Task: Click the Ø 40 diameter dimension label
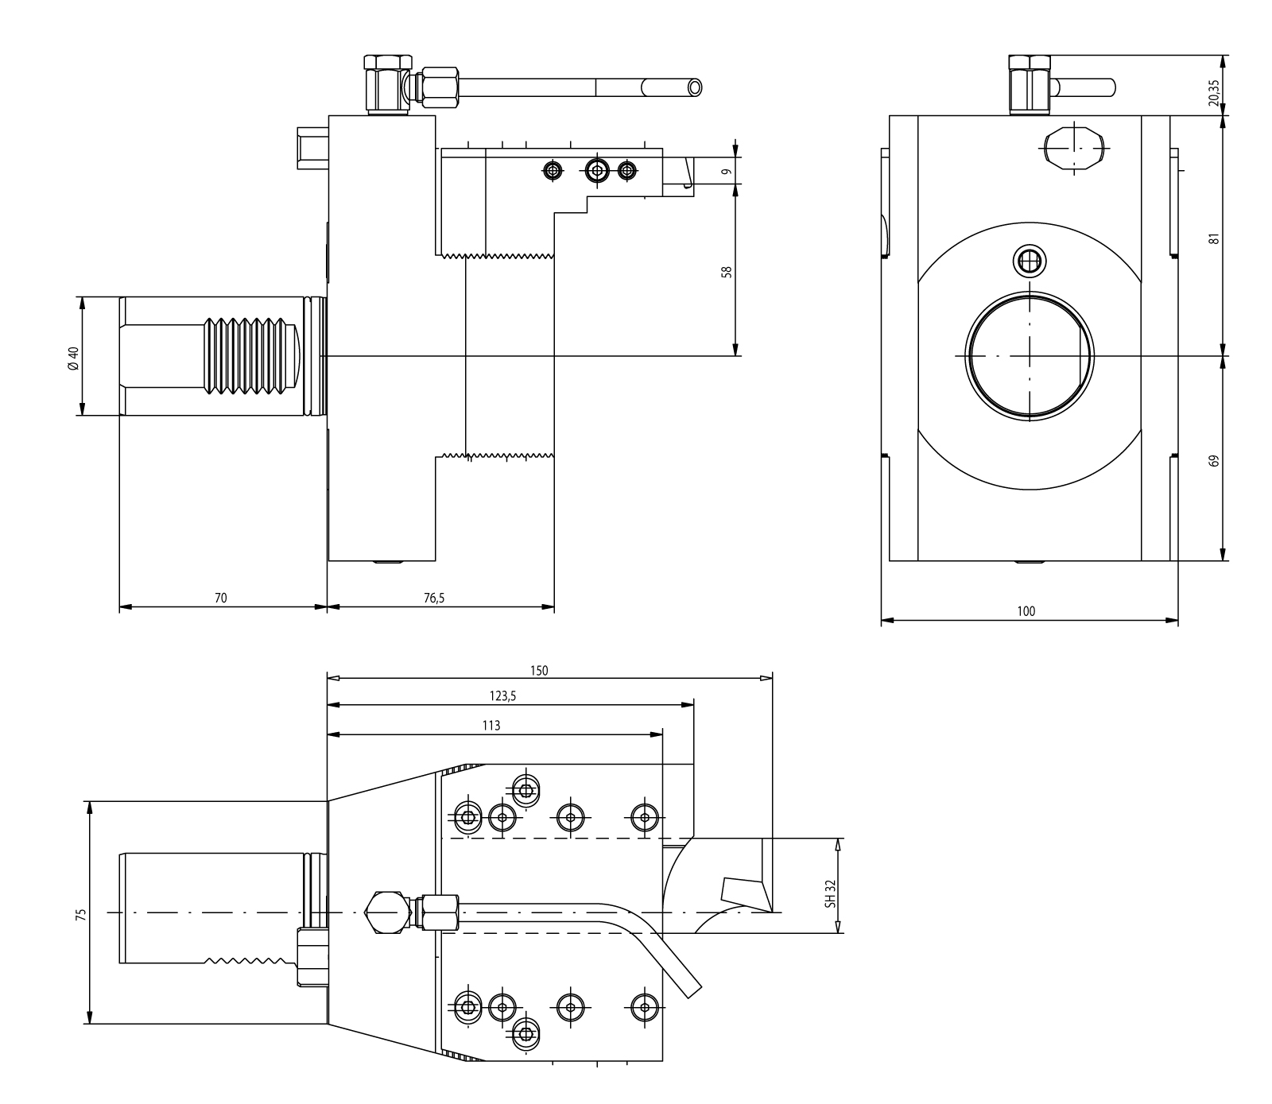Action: [73, 356]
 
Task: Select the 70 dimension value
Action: [220, 598]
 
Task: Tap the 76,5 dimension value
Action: [434, 598]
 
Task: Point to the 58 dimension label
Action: [726, 271]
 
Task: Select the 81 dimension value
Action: [1212, 238]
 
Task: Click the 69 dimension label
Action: [1212, 460]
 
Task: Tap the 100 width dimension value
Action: [1026, 611]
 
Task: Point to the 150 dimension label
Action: [539, 670]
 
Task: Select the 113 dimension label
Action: [491, 725]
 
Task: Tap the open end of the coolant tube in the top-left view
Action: [696, 87]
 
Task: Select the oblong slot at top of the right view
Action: [1074, 148]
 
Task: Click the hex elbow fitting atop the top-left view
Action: [387, 83]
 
